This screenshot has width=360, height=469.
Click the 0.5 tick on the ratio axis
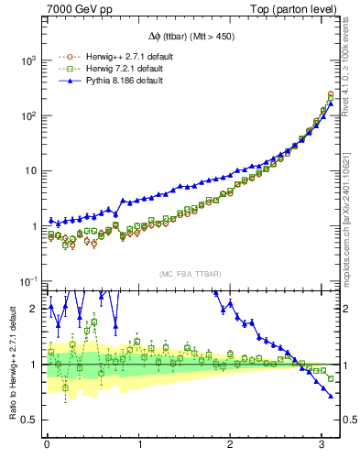[x=28, y=420]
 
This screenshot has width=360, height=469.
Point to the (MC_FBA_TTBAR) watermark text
[x=190, y=273]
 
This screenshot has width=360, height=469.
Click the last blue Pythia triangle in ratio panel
[x=331, y=396]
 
